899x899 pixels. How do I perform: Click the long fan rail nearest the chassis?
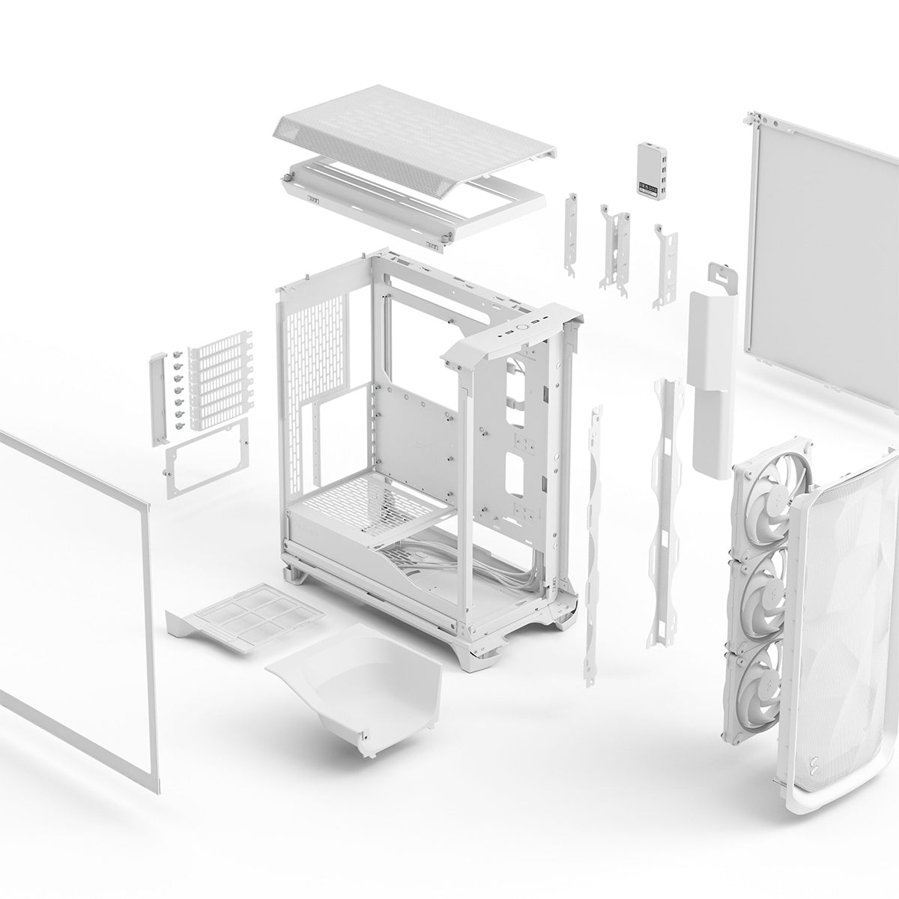tap(594, 539)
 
